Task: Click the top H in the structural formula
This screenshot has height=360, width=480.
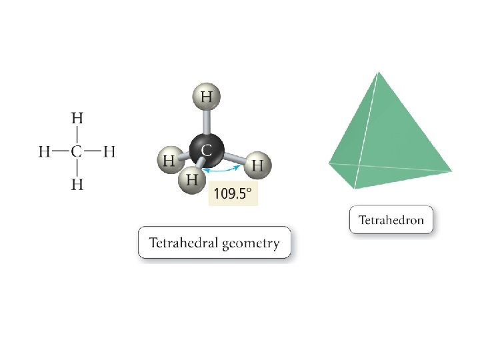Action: tap(77, 118)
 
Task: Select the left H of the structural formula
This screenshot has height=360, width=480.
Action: tap(44, 152)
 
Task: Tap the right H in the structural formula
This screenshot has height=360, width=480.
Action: tap(110, 152)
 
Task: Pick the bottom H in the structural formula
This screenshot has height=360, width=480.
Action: tap(77, 185)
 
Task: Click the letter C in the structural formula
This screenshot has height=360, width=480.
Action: tap(77, 152)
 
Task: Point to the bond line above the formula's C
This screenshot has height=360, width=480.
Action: tap(77, 135)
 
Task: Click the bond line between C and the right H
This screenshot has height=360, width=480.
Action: tap(94, 152)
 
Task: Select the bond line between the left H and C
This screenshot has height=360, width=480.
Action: tap(61, 152)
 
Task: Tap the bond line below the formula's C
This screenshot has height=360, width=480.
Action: tap(77, 169)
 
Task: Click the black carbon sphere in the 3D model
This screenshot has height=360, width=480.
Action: tap(205, 150)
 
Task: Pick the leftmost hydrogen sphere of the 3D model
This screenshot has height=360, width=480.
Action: tap(170, 161)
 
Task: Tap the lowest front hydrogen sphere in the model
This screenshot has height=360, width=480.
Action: tap(192, 180)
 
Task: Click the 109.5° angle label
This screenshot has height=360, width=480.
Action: tap(233, 194)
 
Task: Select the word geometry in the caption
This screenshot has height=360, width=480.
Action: tap(251, 243)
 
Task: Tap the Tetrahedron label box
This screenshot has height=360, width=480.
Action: tap(391, 220)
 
